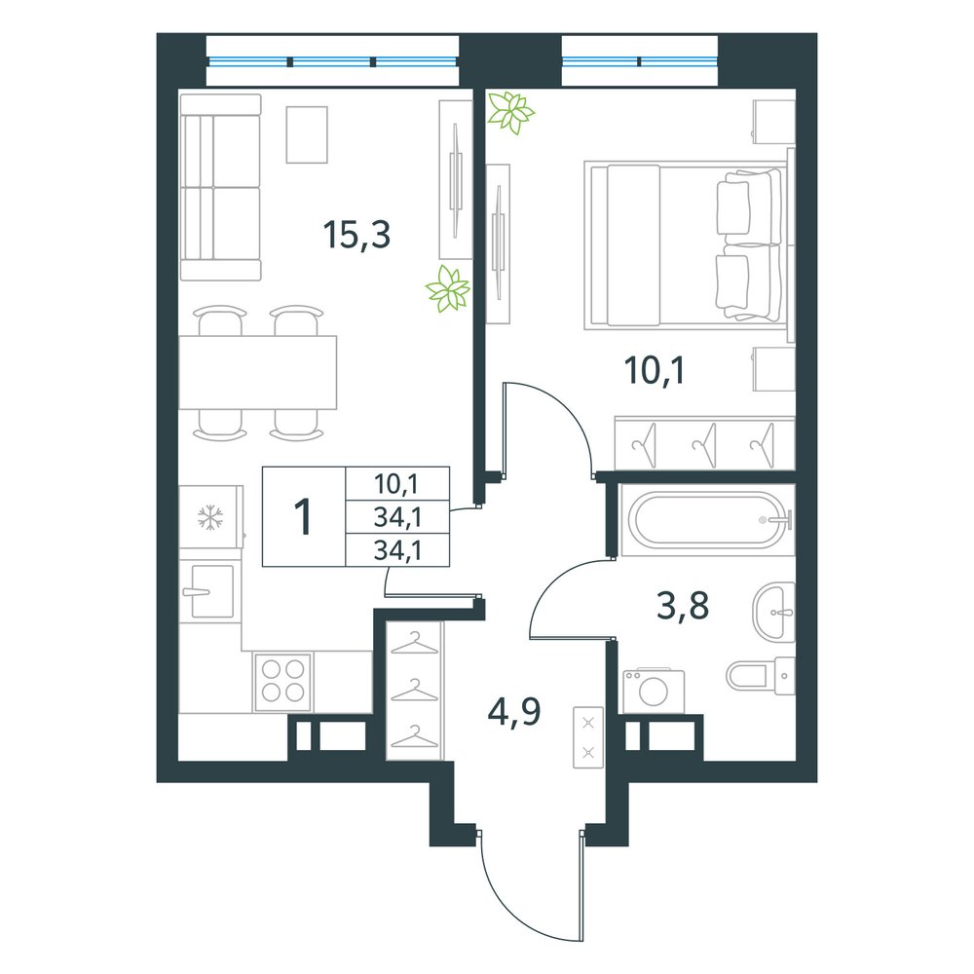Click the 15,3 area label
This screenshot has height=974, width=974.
[356, 235]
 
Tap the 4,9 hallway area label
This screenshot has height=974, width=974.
[514, 712]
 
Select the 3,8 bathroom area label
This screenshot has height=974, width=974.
[683, 606]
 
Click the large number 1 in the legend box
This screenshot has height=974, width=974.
[304, 516]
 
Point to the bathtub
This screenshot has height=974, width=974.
[707, 520]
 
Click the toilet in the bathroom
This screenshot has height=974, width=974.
[761, 676]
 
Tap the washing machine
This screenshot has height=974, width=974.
[654, 691]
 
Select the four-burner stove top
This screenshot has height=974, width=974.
[282, 682]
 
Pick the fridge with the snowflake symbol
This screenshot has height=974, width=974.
[210, 517]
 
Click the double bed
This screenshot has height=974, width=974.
[687, 244]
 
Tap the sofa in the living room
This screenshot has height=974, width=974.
[220, 187]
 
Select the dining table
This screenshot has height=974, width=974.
[258, 373]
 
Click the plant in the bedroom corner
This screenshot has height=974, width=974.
[510, 112]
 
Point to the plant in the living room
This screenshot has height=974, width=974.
[447, 289]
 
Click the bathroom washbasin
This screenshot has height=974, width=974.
[774, 612]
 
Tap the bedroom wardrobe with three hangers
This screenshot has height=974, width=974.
[704, 443]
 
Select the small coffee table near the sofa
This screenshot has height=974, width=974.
[307, 134]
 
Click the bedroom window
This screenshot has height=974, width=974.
[640, 60]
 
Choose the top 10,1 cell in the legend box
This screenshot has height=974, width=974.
[397, 483]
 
